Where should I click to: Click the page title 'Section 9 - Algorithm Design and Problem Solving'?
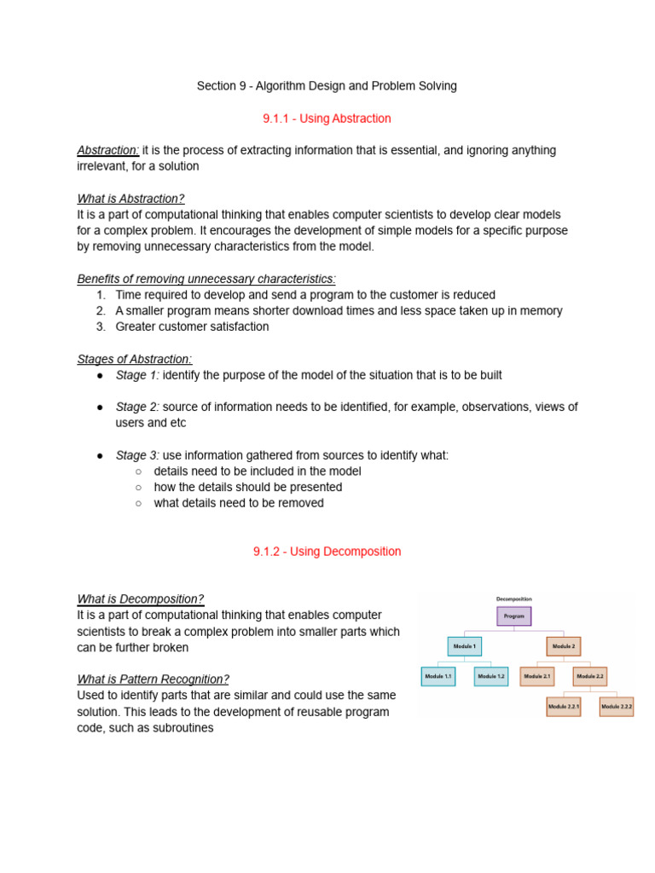[x=327, y=86]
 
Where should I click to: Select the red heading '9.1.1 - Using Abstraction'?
[x=327, y=119]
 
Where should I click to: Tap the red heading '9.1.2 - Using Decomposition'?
[x=327, y=552]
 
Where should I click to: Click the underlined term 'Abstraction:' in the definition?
[x=108, y=150]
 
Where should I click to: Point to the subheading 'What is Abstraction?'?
[x=130, y=199]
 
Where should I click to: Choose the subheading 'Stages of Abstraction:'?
[x=135, y=359]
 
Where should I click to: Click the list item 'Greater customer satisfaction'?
[x=192, y=327]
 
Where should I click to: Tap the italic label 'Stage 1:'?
[x=137, y=375]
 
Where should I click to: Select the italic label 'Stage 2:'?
[x=137, y=408]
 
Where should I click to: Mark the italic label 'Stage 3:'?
[x=137, y=455]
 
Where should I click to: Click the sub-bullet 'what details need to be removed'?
[x=239, y=503]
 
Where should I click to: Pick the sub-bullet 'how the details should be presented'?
[x=248, y=487]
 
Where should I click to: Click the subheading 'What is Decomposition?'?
[x=141, y=598]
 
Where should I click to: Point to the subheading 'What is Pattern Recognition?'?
[x=154, y=679]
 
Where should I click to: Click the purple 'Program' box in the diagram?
[x=514, y=616]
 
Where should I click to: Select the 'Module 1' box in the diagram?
[x=465, y=646]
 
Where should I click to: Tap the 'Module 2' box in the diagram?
[x=564, y=646]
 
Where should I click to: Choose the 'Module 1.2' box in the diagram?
[x=491, y=676]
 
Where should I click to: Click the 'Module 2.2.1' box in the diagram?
[x=563, y=707]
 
